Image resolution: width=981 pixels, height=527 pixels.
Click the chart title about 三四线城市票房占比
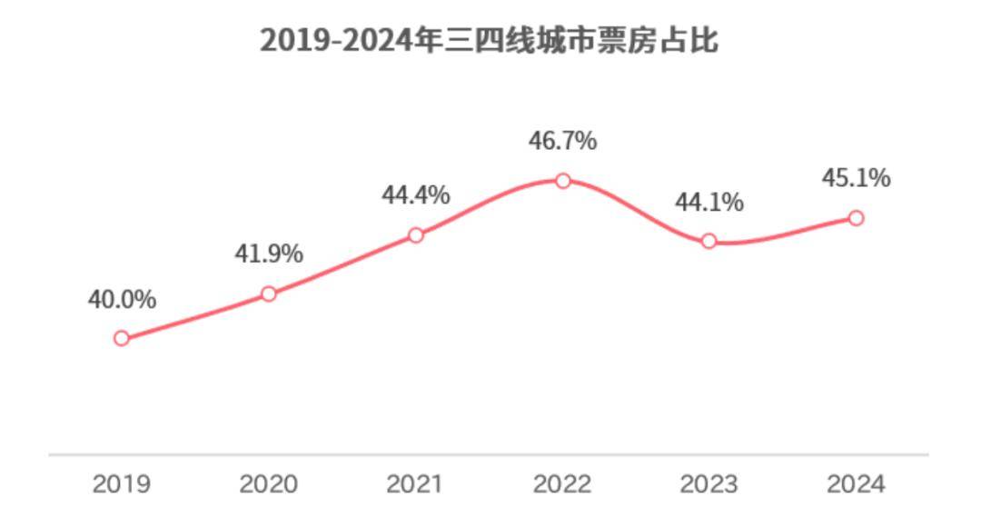click(489, 41)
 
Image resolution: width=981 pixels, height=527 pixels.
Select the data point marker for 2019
click(122, 338)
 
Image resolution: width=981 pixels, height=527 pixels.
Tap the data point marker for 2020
click(269, 293)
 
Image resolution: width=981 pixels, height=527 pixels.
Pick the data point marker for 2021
click(416, 234)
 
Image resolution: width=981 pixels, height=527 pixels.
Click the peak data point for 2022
click(563, 181)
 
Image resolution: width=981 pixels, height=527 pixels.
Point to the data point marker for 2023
click(709, 241)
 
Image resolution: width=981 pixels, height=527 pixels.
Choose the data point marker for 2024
click(856, 218)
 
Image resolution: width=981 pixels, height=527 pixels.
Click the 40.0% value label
click(122, 299)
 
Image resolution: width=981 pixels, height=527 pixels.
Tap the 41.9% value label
click(269, 254)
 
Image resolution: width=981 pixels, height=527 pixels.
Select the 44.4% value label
click(415, 195)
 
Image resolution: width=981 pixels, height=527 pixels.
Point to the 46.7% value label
click(562, 142)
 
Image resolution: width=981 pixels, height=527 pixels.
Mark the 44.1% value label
click(708, 202)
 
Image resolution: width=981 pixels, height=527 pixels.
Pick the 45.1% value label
click(856, 178)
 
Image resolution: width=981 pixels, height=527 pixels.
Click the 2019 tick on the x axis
click(122, 484)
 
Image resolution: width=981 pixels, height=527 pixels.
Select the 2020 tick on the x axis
click(269, 484)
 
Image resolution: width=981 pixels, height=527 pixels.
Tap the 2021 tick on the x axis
click(415, 484)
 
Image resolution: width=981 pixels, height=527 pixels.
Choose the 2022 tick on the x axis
click(562, 484)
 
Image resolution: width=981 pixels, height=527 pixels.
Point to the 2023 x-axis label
click(708, 484)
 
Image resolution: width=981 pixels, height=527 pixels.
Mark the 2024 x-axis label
click(856, 484)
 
